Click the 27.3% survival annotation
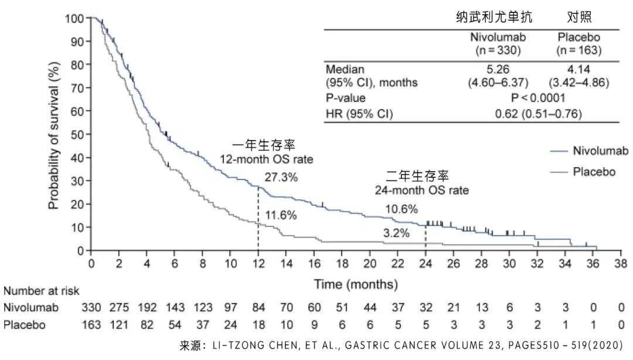pyautogui.click(x=281, y=176)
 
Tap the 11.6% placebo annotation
pyautogui.click(x=281, y=215)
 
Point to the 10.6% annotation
pyautogui.click(x=401, y=209)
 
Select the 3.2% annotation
pyautogui.click(x=397, y=233)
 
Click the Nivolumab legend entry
pyautogui.click(x=594, y=151)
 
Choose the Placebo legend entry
pyautogui.click(x=594, y=172)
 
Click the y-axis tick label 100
pyautogui.click(x=74, y=19)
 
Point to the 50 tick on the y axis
pyautogui.click(x=77, y=135)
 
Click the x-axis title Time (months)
pyautogui.click(x=356, y=285)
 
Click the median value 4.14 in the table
pyautogui.click(x=579, y=70)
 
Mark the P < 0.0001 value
pyautogui.click(x=538, y=98)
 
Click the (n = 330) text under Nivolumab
pyautogui.click(x=498, y=50)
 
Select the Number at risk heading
pyautogui.click(x=42, y=291)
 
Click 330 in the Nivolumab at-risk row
pyautogui.click(x=91, y=307)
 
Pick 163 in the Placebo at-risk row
pyautogui.click(x=91, y=324)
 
